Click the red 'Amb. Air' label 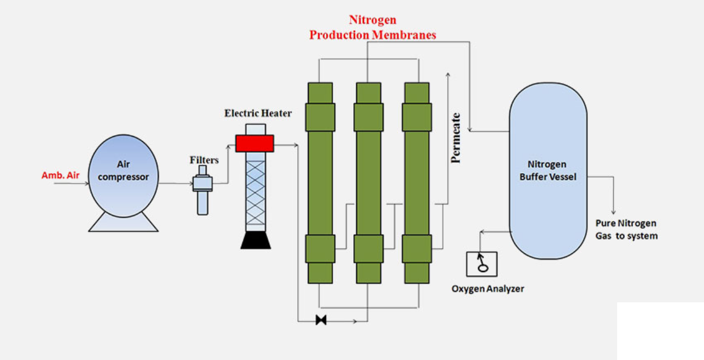click(60, 176)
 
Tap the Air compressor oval click(124, 176)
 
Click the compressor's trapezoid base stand click(124, 222)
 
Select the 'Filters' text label click(204, 160)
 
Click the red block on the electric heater click(254, 143)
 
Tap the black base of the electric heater click(256, 240)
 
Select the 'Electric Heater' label click(258, 113)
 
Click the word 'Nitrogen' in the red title click(372, 20)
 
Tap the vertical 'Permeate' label click(456, 138)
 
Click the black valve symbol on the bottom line click(321, 320)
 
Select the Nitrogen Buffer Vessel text click(547, 170)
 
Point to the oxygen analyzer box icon click(481, 264)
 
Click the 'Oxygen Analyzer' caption click(487, 289)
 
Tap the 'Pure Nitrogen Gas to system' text click(627, 229)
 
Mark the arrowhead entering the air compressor click(86, 185)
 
